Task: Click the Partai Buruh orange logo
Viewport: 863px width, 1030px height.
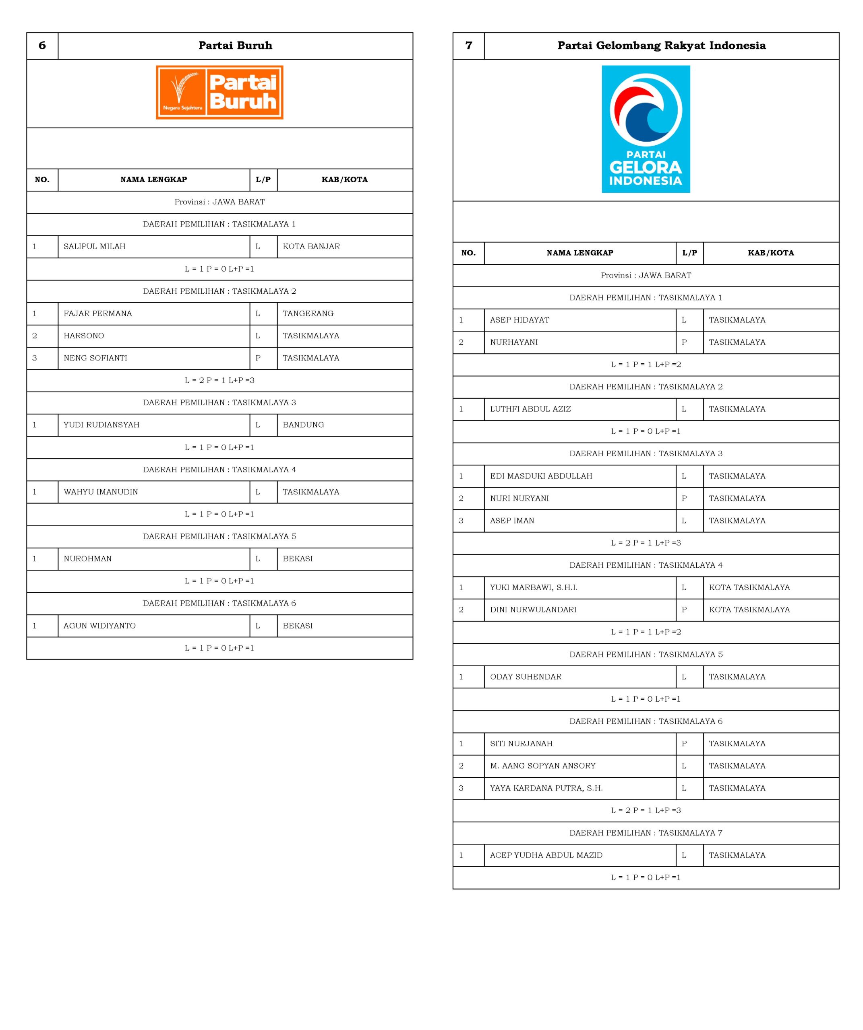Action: [219, 92]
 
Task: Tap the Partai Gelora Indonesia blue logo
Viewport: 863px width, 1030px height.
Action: [646, 129]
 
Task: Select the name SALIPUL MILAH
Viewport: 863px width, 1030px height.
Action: [94, 246]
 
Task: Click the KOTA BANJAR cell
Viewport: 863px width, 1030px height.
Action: [311, 246]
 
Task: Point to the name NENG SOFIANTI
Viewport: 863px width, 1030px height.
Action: [95, 358]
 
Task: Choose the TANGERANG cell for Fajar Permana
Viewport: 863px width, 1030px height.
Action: [308, 313]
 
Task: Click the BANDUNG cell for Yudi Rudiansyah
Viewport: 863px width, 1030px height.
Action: [303, 425]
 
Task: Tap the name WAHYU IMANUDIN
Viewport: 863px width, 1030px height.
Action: [101, 492]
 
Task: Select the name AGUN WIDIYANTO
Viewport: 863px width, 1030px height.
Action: [99, 626]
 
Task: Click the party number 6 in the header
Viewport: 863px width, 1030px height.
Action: [42, 45]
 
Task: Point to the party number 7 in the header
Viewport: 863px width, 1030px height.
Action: [468, 45]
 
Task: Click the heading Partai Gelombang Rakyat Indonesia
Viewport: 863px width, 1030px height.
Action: [661, 45]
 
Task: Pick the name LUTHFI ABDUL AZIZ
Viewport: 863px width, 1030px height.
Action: [530, 409]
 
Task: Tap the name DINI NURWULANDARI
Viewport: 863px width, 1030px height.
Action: [533, 610]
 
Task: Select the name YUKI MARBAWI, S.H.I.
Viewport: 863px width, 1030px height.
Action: [534, 587]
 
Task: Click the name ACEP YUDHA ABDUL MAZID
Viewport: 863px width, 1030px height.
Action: [546, 855]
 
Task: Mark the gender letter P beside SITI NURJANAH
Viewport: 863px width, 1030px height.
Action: [684, 744]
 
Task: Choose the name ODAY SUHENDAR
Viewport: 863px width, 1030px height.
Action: [525, 677]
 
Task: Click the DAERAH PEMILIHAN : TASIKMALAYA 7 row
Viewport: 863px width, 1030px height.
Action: [646, 833]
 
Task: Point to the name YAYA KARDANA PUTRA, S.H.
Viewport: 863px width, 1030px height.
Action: [546, 788]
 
